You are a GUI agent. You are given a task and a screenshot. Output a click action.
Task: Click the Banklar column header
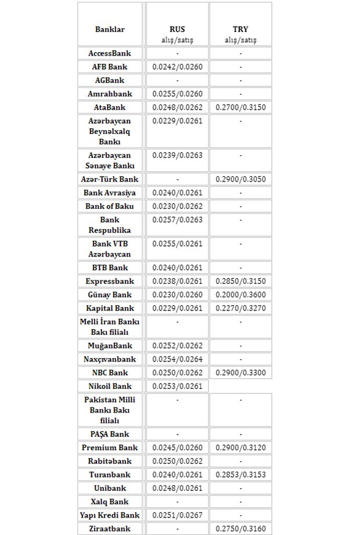coord(110,29)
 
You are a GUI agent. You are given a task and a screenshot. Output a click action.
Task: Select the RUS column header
coord(177,29)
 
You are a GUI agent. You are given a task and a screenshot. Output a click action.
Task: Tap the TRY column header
coord(240,29)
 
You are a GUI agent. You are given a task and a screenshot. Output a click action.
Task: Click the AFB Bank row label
coord(110,67)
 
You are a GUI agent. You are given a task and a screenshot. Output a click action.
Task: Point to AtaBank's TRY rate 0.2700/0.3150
coord(240,107)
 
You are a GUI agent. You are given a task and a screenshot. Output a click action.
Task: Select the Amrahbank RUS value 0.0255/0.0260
coord(177,94)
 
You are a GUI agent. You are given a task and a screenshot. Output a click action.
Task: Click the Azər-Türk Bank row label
coord(110,179)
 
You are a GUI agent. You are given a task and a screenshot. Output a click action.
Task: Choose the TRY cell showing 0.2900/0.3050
coord(240,179)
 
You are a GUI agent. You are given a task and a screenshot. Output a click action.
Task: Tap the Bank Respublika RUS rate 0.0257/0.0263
coord(177,220)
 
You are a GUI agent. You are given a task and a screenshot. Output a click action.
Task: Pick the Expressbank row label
coord(110,281)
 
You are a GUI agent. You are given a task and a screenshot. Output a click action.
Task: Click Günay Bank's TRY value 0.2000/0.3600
coord(240,295)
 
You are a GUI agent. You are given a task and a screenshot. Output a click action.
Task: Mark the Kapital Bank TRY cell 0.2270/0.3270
coord(240,308)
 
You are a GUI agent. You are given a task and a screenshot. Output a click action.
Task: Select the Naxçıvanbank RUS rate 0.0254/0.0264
coord(177,359)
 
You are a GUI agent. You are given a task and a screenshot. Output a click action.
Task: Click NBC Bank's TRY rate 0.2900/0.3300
coord(240,373)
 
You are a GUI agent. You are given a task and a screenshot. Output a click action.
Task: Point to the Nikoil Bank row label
coord(110,386)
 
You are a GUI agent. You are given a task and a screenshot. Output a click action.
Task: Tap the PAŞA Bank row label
coord(110,434)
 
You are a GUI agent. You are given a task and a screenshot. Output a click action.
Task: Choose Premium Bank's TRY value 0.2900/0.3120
coord(240,447)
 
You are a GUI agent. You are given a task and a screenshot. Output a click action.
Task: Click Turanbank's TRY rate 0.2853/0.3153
coord(240,475)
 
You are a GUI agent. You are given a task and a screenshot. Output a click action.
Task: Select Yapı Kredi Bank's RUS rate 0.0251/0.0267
coord(177,515)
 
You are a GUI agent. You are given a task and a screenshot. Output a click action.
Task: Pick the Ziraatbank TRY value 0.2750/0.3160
coord(240,529)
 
